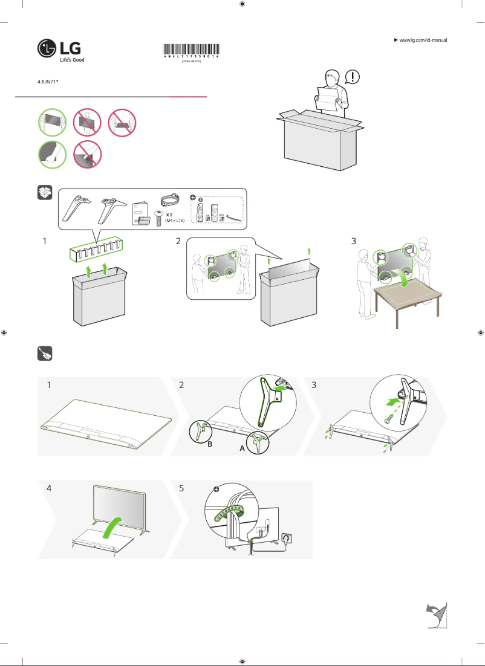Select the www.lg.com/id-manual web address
[x=423, y=40]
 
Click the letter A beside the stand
[x=241, y=450]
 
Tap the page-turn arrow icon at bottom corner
[x=435, y=615]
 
